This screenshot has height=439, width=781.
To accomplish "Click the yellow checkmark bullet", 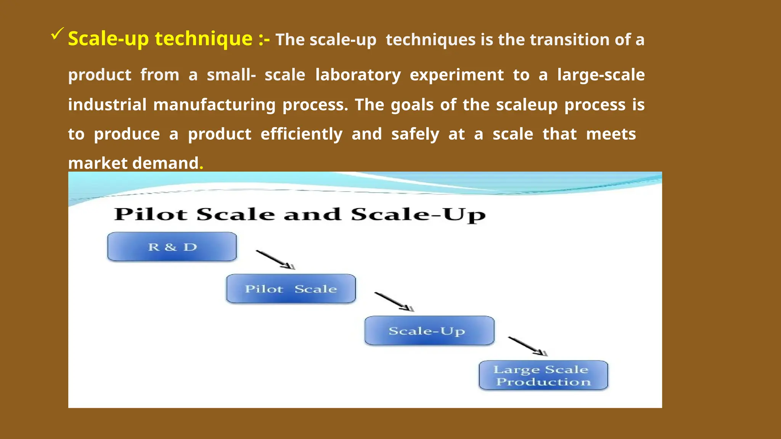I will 56,34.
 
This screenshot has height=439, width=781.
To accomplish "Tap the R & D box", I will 172,247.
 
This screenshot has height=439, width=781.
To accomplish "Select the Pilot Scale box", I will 291,289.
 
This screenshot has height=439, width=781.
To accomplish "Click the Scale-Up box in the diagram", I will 429,331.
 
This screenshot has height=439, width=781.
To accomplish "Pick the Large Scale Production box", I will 543,375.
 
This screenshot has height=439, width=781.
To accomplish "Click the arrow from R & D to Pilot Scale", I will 275,260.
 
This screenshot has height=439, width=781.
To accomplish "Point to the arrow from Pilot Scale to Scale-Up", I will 394,302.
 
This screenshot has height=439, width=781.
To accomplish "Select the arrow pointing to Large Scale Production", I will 528,346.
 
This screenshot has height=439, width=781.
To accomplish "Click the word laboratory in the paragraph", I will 358,75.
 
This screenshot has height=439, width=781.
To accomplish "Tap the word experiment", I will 456,75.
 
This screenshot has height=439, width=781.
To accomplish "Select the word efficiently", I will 301,134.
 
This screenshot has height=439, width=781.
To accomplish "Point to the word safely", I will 415,134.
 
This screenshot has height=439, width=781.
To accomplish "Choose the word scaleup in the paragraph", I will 527,105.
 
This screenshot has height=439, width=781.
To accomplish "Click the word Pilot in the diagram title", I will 151,214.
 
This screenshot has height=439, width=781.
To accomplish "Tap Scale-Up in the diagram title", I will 418,215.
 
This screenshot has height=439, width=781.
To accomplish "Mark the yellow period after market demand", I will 201,168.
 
